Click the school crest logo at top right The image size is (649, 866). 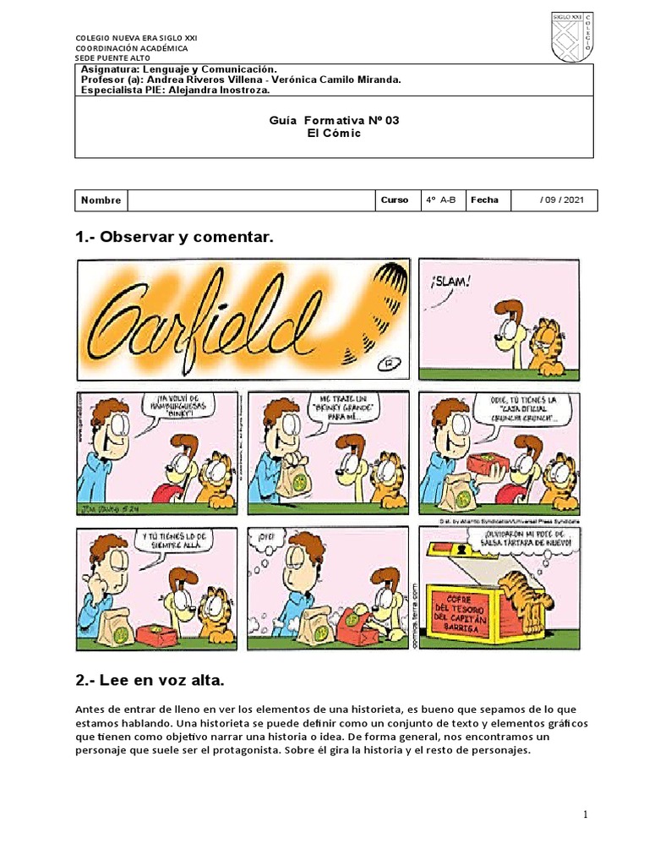(572, 37)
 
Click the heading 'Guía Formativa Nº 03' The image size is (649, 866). (333, 121)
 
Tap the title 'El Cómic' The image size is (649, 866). (333, 134)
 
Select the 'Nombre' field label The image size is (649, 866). (101, 200)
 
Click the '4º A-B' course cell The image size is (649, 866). (440, 200)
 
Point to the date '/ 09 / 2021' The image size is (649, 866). (560, 200)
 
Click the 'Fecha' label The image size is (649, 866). (484, 200)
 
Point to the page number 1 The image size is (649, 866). (583, 814)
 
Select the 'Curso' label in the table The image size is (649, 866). (395, 200)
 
